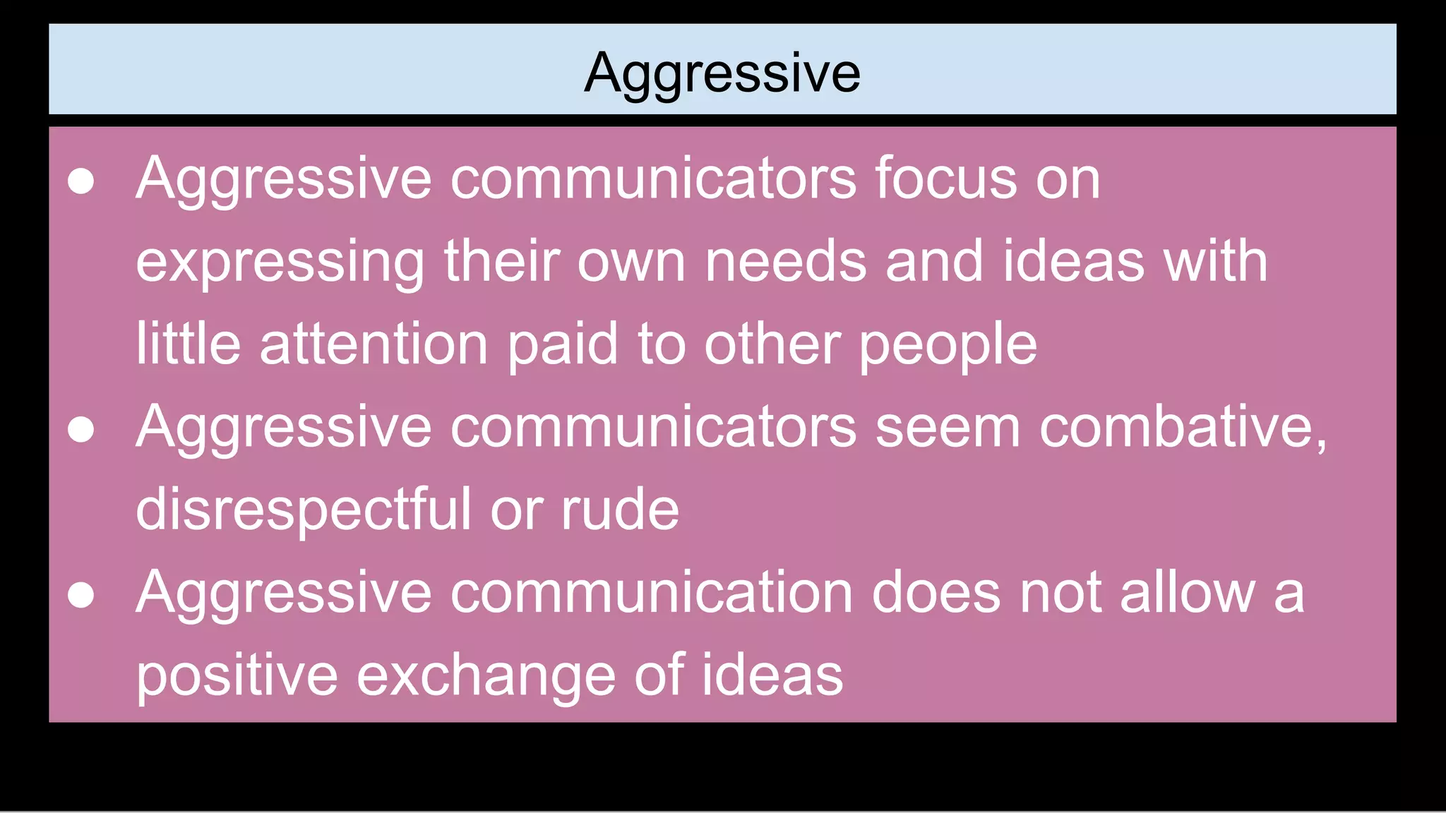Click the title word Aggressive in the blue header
(x=722, y=73)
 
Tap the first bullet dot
(x=81, y=181)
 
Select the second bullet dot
(x=81, y=429)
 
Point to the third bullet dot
(x=81, y=594)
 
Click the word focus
(x=946, y=179)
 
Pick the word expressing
(x=280, y=263)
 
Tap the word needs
(x=786, y=261)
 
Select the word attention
(x=374, y=344)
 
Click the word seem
(x=948, y=428)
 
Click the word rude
(x=620, y=510)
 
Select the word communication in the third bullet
(x=651, y=593)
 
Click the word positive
(x=237, y=676)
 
